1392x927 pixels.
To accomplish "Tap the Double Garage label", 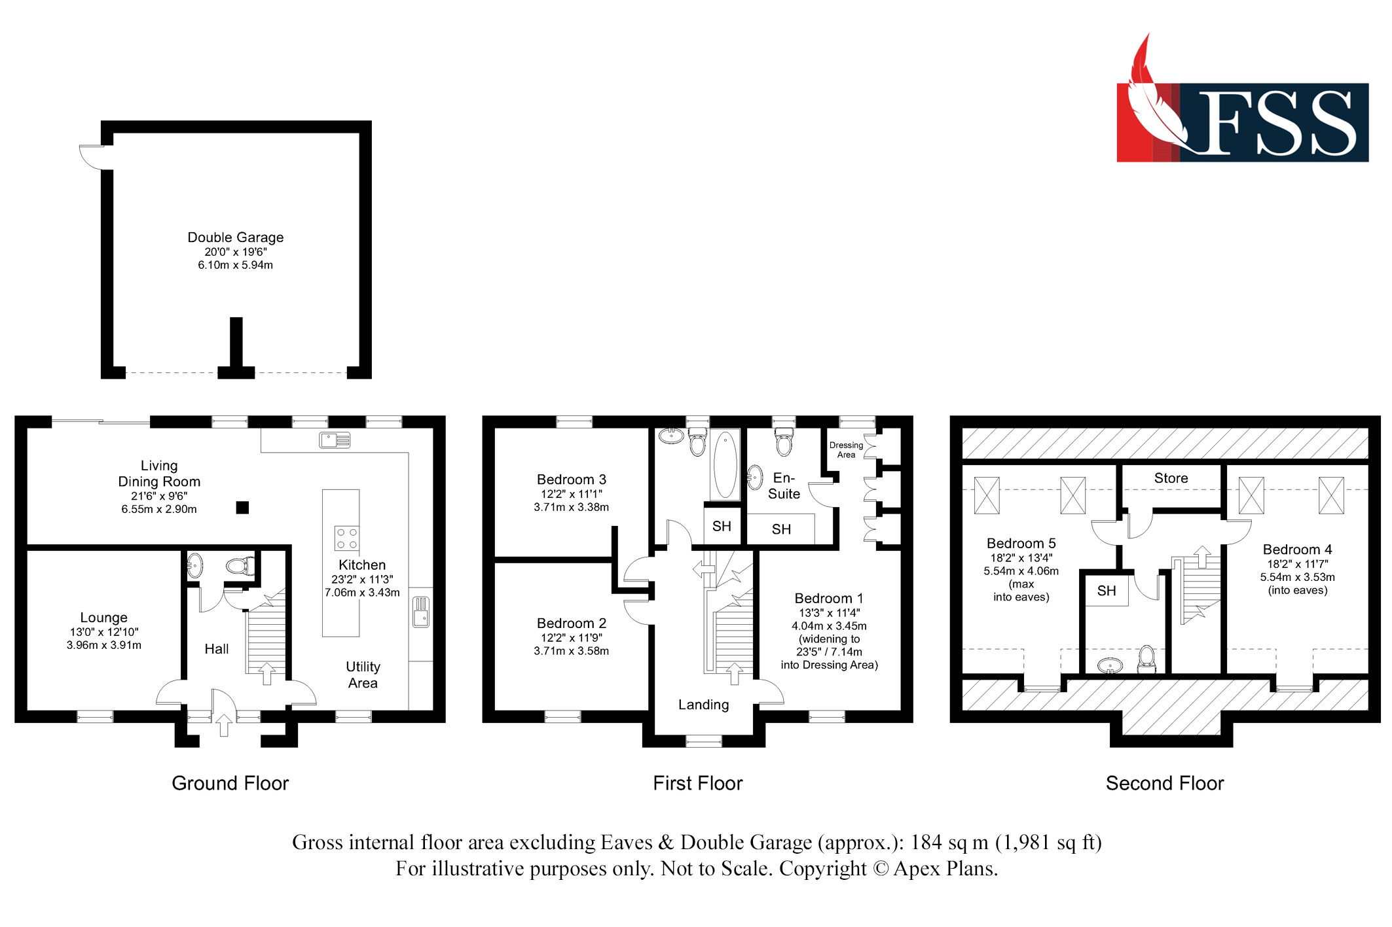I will coord(236,237).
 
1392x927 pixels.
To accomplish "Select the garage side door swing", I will coord(91,157).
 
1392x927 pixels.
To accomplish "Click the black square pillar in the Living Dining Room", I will coord(242,507).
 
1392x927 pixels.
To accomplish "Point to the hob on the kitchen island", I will coord(346,538).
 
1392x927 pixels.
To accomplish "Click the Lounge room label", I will coord(103,618).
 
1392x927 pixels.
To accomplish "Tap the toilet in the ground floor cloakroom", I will coord(240,565).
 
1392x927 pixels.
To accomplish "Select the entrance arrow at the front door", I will coord(223,725).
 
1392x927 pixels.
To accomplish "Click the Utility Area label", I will coord(363,674).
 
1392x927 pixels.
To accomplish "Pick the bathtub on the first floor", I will coord(725,464).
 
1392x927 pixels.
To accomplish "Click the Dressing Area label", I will coord(846,450).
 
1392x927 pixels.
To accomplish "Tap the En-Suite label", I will coord(784,486).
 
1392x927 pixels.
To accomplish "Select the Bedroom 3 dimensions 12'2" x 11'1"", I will coord(571,494).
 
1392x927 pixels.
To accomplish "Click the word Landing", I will coord(703,705).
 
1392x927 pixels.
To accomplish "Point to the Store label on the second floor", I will coord(1171,478).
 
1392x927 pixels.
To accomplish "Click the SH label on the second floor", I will coord(1106,591).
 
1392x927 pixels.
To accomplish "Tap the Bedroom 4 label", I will coord(1297,550).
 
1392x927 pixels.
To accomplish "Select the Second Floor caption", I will coord(1164,783).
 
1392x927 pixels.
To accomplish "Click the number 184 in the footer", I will coord(925,842).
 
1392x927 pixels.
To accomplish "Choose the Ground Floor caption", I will coord(230,783).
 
